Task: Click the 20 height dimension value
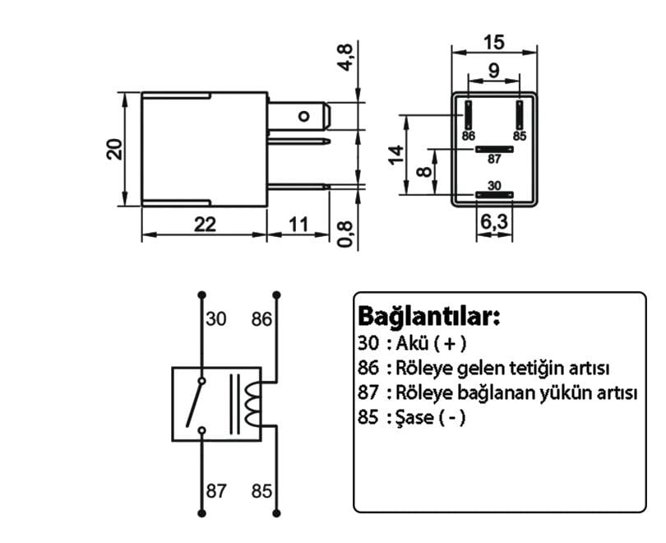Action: [x=115, y=149]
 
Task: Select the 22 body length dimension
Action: [x=204, y=224]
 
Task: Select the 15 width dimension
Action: [x=493, y=41]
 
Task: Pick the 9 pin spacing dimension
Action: [x=493, y=71]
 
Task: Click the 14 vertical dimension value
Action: [x=397, y=155]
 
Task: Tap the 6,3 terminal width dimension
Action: [x=493, y=222]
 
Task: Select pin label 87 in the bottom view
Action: [x=493, y=159]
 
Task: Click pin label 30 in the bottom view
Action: [x=493, y=187]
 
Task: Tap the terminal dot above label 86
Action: [x=276, y=293]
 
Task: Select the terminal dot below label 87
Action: [x=200, y=512]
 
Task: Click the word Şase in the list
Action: [x=414, y=416]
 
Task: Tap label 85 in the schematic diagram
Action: [x=261, y=491]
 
